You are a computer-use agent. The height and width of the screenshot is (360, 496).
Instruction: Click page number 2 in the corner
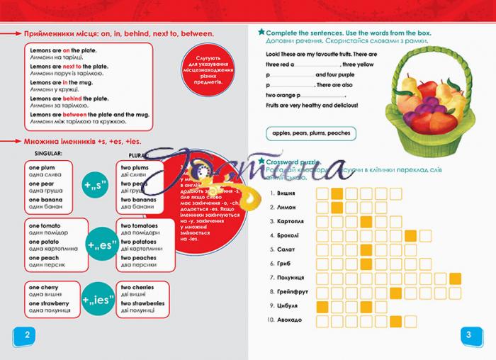click(x=26, y=335)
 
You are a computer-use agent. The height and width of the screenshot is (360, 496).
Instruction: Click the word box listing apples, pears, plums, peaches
click(x=311, y=133)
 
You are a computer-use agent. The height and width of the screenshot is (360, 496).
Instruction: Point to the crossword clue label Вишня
click(x=282, y=193)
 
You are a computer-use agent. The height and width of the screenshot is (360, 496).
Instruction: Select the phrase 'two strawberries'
click(x=144, y=303)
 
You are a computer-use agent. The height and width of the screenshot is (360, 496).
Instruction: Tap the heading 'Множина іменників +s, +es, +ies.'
click(x=82, y=141)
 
